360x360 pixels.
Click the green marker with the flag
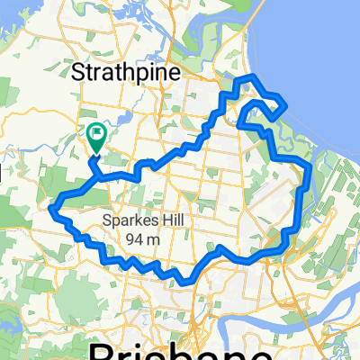[x=96, y=135]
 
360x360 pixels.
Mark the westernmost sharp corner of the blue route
[x=53, y=208]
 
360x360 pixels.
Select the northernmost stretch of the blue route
[x=247, y=78]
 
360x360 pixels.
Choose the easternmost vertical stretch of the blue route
[x=308, y=189]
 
